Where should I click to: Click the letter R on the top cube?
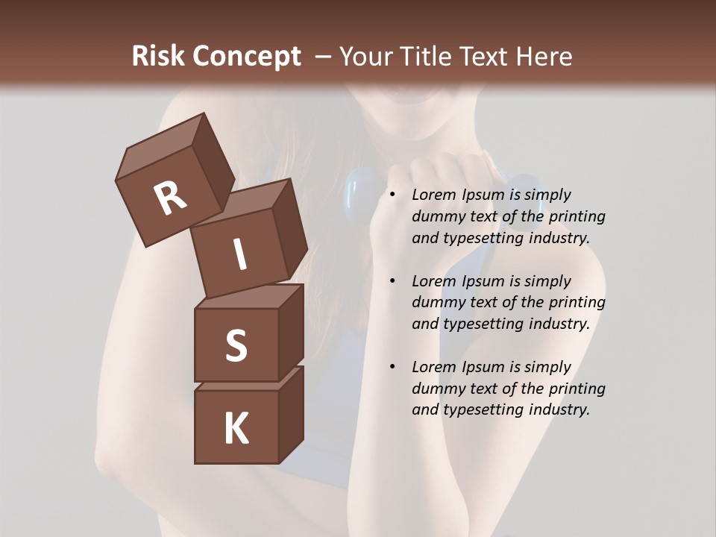click(x=170, y=198)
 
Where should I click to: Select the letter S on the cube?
click(x=236, y=345)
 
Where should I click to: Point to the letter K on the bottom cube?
click(x=236, y=429)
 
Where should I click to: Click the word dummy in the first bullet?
click(x=436, y=216)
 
